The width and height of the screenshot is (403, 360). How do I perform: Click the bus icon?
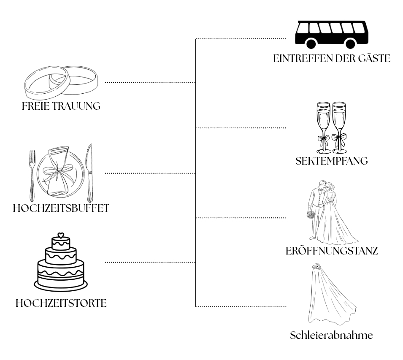(332, 35)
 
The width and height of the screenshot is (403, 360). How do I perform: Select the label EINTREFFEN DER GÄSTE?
(332, 59)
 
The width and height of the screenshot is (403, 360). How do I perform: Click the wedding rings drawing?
(61, 83)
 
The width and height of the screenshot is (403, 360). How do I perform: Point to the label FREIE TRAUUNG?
(61, 106)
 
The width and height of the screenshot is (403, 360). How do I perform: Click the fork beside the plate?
(32, 176)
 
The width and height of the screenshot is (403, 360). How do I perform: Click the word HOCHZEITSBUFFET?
(61, 208)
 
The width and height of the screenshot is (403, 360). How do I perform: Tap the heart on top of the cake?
(61, 235)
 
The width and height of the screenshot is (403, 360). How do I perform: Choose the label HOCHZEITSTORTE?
(61, 303)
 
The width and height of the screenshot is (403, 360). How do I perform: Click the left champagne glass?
(323, 127)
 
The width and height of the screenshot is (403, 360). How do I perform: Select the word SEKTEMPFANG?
(332, 161)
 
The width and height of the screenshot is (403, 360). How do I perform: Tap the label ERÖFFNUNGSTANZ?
(332, 251)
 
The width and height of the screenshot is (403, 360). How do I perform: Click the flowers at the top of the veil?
(316, 266)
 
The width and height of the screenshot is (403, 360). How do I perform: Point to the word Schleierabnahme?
(331, 336)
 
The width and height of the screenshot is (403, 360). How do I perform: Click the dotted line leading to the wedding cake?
(150, 263)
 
